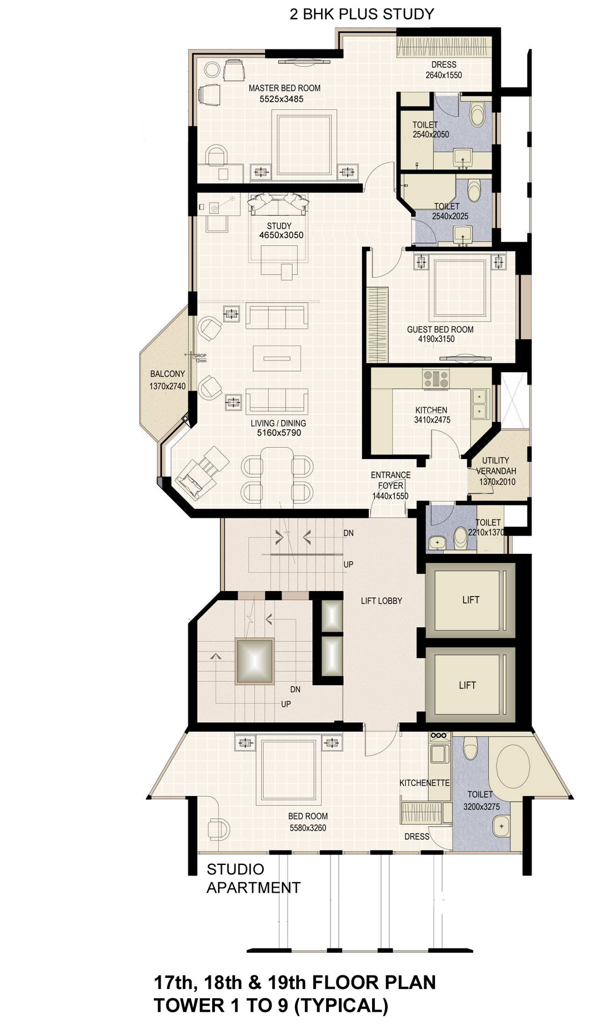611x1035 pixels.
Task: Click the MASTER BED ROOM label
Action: [284, 88]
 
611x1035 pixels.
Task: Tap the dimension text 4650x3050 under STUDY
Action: [281, 235]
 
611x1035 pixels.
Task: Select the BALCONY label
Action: [167, 374]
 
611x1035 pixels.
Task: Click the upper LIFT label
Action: [470, 599]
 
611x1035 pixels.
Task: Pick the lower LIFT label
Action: [467, 685]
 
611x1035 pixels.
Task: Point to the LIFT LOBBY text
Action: [381, 601]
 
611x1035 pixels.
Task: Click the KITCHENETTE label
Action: [424, 783]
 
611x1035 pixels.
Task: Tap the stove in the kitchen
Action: [436, 379]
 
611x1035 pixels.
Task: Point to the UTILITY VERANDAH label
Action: [496, 466]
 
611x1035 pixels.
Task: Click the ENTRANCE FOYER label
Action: [390, 480]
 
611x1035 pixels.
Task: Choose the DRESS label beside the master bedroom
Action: [444, 65]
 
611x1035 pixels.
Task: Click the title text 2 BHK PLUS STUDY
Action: [362, 14]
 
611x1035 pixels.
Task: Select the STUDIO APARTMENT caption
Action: [253, 878]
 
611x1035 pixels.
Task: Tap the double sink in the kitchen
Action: [479, 404]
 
